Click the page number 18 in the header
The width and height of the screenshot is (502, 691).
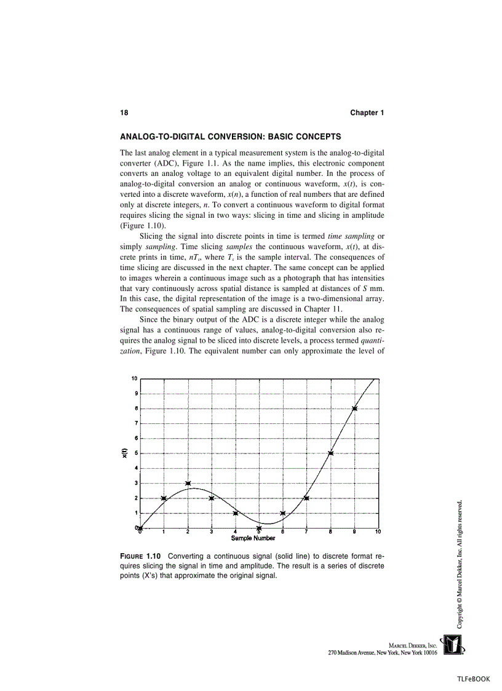[124, 113]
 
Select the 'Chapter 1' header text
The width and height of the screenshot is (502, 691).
[367, 113]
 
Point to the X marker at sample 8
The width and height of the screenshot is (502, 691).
[331, 453]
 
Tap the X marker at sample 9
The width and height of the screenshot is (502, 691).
[354, 408]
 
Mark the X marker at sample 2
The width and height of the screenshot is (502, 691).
[188, 483]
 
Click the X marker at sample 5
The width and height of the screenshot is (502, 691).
[259, 528]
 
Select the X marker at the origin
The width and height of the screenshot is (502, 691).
[140, 528]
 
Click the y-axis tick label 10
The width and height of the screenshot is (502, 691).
[133, 378]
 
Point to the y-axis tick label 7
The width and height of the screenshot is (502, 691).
[135, 423]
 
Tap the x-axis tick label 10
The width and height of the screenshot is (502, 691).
[378, 532]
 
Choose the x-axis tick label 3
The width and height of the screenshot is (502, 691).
[212, 532]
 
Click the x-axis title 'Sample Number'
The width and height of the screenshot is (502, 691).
[253, 538]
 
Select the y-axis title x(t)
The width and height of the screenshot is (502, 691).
[125, 453]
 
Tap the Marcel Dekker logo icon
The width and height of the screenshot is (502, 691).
[453, 645]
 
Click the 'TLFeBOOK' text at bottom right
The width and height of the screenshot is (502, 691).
[473, 679]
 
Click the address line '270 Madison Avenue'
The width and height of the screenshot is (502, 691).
[382, 652]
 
